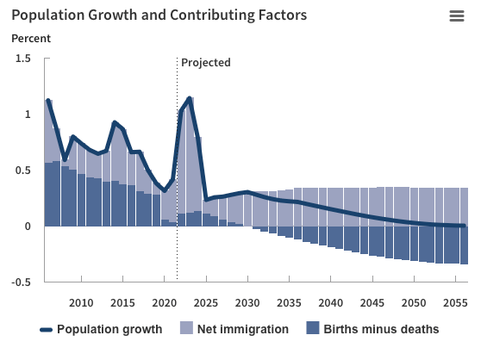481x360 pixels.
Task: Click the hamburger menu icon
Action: [x=457, y=16]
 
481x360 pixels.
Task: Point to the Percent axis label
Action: [x=31, y=39]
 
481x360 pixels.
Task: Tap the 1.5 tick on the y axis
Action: [x=23, y=59]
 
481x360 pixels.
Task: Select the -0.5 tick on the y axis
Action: [x=22, y=282]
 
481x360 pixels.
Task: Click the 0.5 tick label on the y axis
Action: [x=23, y=171]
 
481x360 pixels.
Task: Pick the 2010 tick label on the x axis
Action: [x=81, y=303]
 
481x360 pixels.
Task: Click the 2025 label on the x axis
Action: [x=205, y=303]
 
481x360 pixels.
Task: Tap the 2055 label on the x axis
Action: [x=454, y=303]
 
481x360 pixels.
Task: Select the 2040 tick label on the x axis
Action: [x=330, y=303]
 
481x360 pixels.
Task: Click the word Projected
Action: [x=206, y=63]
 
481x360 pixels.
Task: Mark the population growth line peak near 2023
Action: [x=189, y=99]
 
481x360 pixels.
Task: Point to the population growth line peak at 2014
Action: [x=115, y=122]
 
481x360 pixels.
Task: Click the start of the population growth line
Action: [x=47, y=101]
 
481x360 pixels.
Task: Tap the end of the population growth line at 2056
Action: [x=463, y=226]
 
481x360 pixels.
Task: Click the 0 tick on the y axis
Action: [x=28, y=227]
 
